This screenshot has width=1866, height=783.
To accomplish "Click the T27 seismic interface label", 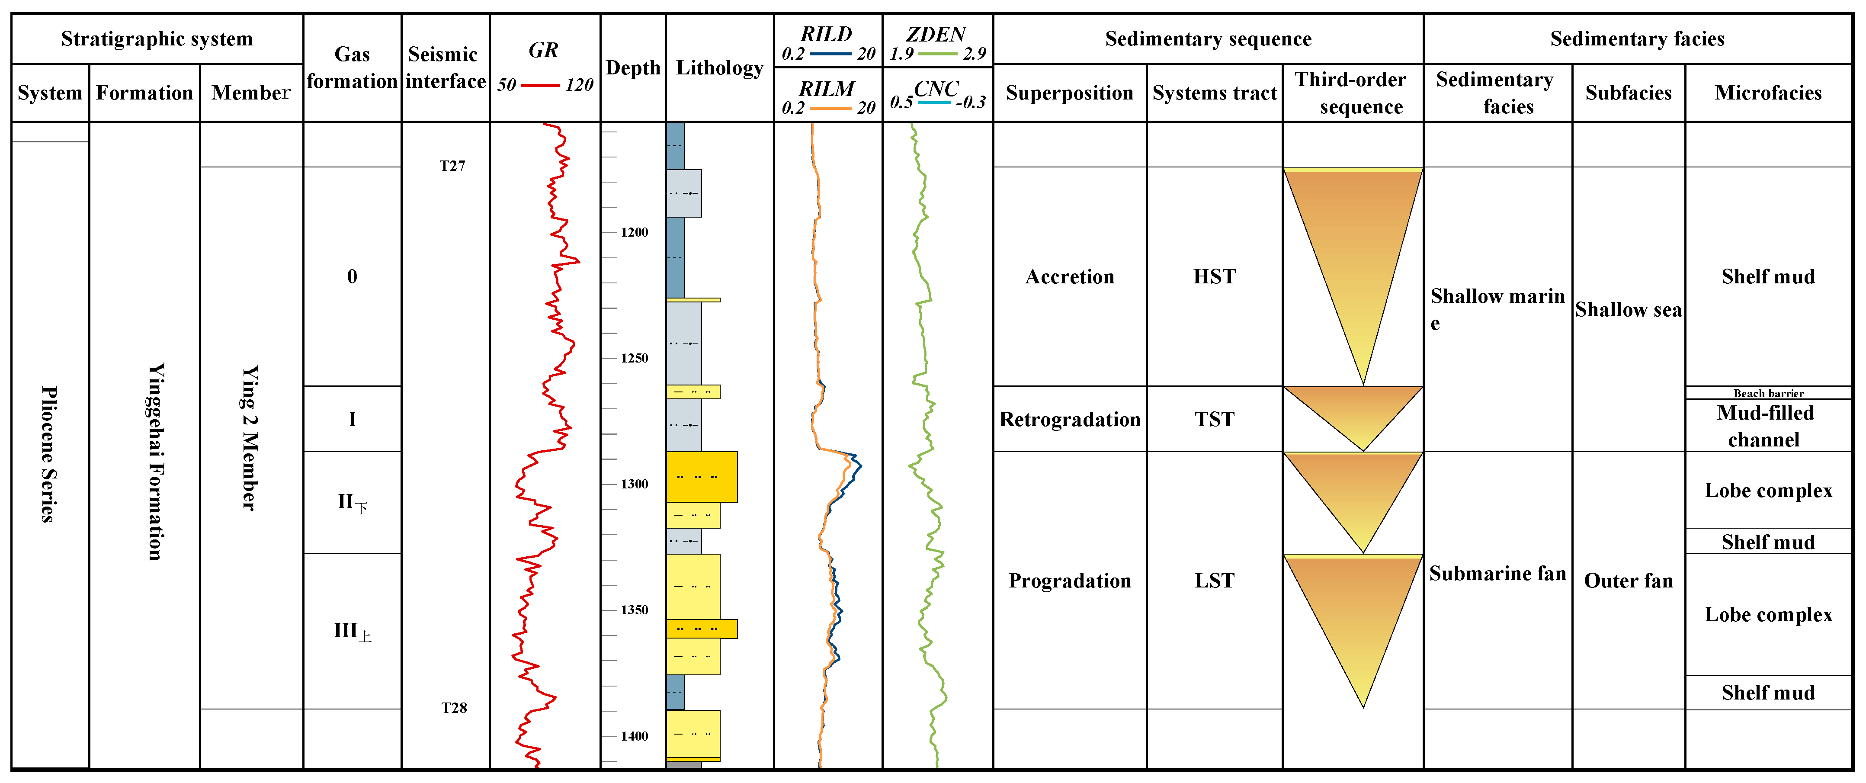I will click(x=452, y=166).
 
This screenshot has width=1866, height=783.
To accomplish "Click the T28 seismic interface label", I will click(x=454, y=708).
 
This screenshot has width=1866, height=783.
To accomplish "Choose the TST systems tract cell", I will click(x=1214, y=419).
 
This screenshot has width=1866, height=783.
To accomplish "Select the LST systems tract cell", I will click(x=1214, y=580).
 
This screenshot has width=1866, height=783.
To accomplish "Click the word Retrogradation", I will click(x=1069, y=419).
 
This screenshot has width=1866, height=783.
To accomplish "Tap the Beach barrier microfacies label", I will click(x=1768, y=393).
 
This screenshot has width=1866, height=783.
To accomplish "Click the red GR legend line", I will click(x=540, y=86).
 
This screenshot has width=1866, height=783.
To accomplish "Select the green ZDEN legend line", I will click(x=937, y=54).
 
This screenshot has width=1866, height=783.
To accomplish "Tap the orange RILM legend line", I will click(x=830, y=108).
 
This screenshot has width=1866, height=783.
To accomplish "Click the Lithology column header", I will click(x=719, y=68).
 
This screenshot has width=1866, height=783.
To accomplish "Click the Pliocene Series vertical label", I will click(x=48, y=454).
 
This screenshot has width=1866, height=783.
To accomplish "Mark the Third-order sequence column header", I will click(x=1352, y=93).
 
